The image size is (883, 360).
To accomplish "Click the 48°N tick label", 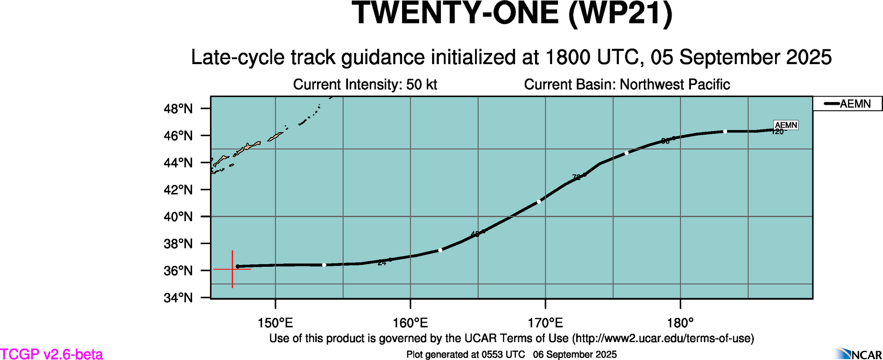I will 178,109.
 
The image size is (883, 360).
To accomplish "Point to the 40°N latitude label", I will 178,217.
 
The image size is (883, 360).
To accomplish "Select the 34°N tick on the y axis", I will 178,298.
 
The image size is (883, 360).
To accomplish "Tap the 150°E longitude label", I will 275,323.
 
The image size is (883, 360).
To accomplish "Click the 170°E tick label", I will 545,323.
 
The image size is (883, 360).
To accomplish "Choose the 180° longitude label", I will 680,323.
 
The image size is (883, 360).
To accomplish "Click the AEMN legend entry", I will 847,104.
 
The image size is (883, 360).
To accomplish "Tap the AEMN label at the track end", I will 786,125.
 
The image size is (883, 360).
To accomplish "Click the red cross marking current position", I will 232,269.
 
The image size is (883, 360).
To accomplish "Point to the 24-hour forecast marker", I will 390,259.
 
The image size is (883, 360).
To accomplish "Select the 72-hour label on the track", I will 577,177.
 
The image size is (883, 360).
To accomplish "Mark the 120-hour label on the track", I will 777,132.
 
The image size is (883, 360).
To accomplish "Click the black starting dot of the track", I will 238,266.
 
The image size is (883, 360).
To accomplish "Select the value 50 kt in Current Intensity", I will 421,85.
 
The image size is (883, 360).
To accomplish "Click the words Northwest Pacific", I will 674,85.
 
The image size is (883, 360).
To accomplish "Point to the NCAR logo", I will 859,354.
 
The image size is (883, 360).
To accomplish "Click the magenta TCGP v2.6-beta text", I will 51,354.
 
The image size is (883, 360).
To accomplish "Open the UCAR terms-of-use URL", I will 663,338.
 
